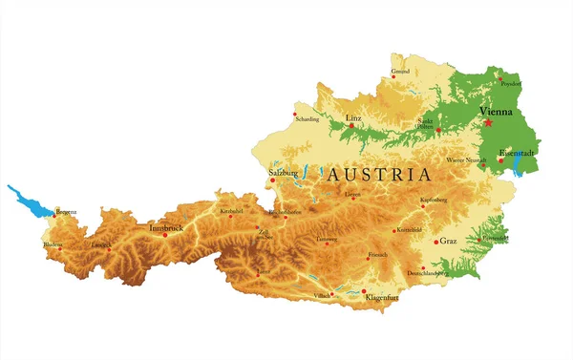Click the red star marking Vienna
pyautogui.click(x=488, y=122)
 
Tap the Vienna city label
pyautogui.click(x=495, y=111)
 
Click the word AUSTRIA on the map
pyautogui.click(x=378, y=176)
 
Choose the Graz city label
pyautogui.click(x=447, y=241)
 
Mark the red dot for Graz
pyautogui.click(x=436, y=242)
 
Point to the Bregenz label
pyautogui.click(x=66, y=211)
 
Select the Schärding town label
pyautogui.click(x=307, y=119)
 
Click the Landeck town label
pyautogui.click(x=100, y=245)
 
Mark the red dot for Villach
pyautogui.click(x=331, y=293)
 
